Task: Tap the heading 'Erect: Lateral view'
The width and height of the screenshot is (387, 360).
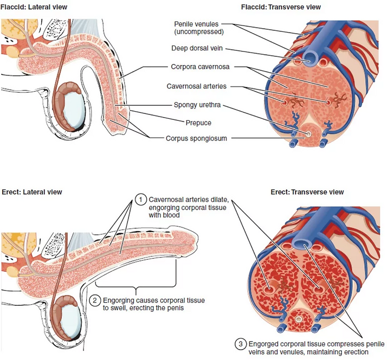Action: click(x=31, y=192)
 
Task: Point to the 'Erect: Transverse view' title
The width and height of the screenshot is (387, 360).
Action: click(x=307, y=192)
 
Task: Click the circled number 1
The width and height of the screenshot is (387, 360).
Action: click(x=140, y=201)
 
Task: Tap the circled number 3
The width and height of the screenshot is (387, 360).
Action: click(x=240, y=344)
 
